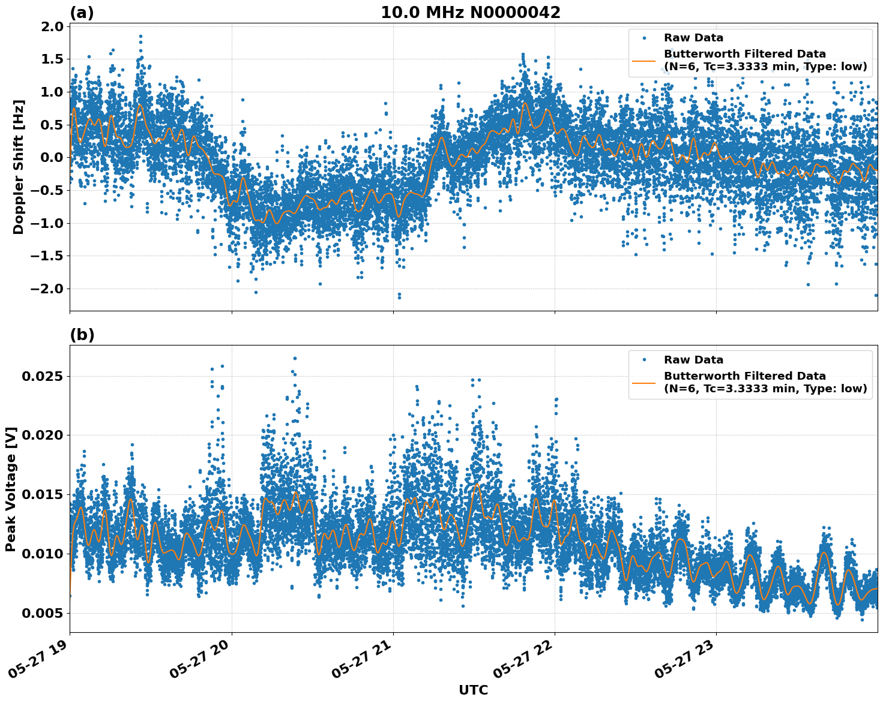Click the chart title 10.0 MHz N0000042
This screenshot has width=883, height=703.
point(470,13)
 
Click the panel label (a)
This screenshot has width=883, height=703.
point(82,13)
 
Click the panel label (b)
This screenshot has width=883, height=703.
point(82,335)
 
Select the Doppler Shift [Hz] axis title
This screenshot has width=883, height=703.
point(18,167)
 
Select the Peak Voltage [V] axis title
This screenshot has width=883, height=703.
point(10,489)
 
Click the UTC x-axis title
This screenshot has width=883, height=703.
point(473,690)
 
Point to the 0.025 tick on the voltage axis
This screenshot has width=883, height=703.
point(43,376)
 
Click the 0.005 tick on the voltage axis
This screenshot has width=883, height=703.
point(43,613)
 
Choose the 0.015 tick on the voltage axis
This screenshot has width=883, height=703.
point(43,494)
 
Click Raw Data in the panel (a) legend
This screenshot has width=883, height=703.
point(693,38)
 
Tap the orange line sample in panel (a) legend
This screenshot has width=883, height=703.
point(644,60)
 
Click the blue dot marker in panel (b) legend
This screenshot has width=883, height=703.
point(644,360)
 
